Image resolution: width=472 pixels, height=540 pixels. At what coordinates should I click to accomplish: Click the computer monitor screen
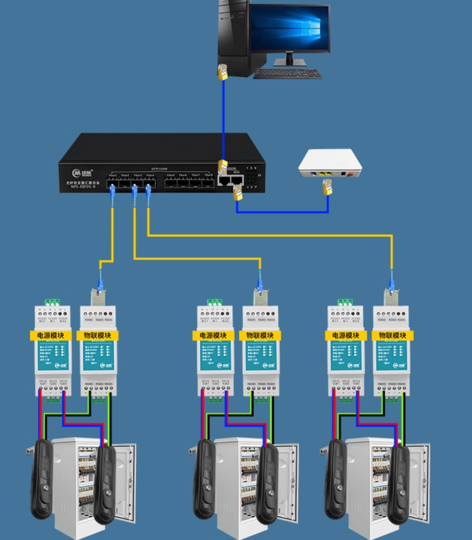coord(289,28)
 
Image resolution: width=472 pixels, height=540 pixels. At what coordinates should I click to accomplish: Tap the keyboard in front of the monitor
coord(288,73)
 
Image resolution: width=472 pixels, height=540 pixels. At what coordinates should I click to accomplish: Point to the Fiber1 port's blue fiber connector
coord(112,190)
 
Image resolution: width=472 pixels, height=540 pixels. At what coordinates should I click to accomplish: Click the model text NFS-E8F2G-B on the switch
coord(80,187)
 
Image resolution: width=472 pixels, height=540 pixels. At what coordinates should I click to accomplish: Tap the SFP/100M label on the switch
coord(159,168)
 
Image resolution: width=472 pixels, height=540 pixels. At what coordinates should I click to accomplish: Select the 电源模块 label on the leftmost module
coord(51,335)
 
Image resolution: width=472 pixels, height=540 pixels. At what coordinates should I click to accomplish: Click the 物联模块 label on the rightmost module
coord(392,335)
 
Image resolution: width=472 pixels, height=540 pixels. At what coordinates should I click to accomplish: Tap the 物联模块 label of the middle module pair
coord(260,335)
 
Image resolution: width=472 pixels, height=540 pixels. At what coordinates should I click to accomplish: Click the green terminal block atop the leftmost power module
coord(53,302)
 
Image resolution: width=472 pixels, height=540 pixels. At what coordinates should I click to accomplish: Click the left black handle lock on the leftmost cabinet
coord(42,478)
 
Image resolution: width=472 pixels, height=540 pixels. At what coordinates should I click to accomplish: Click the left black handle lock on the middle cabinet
coord(205,478)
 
